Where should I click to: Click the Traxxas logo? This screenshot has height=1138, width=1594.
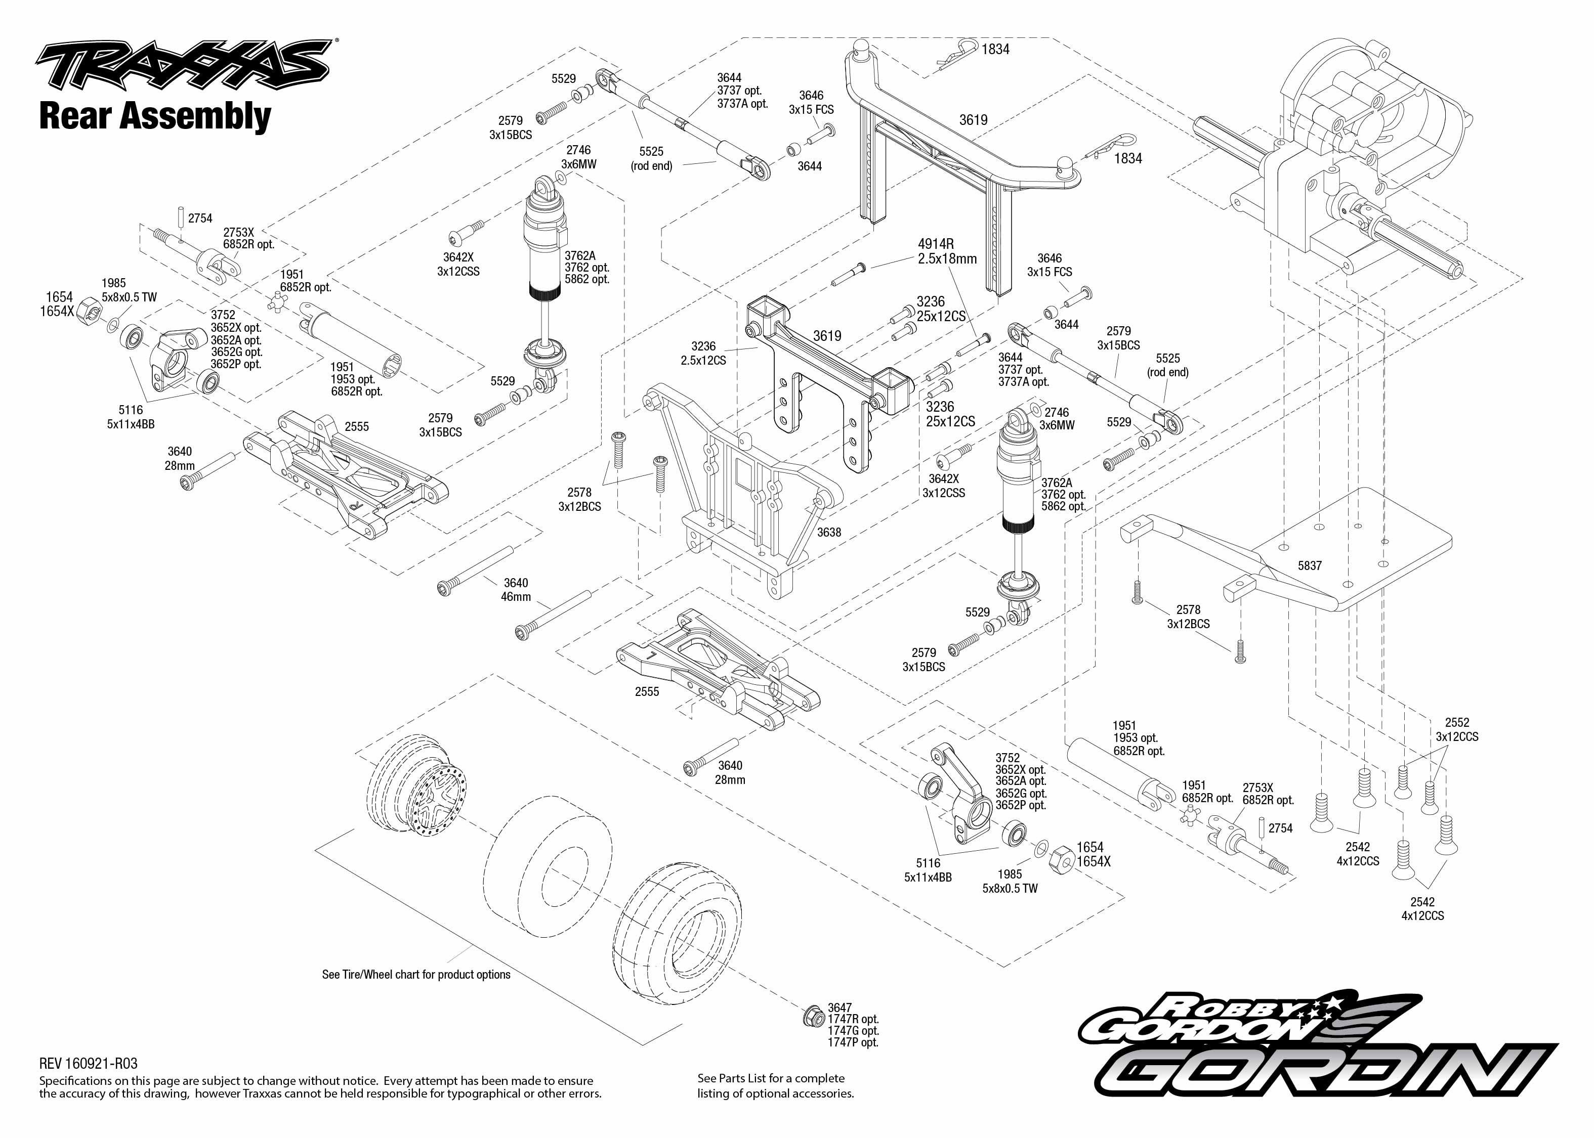click(184, 64)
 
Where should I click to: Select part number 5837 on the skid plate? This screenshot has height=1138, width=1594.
click(1310, 565)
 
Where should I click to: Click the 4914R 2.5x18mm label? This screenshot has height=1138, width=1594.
click(946, 251)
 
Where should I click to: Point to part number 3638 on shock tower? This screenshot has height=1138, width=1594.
click(828, 533)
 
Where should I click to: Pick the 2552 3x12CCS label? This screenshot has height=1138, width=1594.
click(1456, 729)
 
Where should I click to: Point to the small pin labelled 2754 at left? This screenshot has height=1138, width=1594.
click(180, 216)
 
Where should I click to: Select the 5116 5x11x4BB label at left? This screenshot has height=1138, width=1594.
click(131, 417)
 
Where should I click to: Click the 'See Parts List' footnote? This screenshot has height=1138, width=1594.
click(775, 1085)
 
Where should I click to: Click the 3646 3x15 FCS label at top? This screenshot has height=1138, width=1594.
click(811, 102)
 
